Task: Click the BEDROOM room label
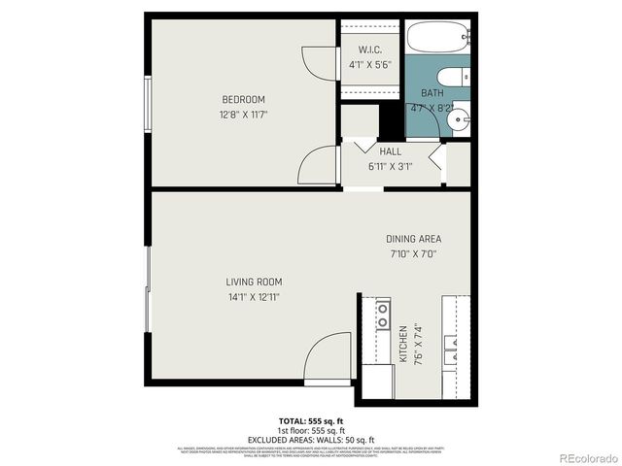[x=243, y=99]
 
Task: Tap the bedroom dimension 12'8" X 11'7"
[x=243, y=115]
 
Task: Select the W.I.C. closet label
[x=368, y=50]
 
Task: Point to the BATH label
[x=432, y=93]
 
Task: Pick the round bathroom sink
[x=461, y=123]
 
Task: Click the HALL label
[x=390, y=151]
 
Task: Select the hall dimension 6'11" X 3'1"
[x=390, y=166]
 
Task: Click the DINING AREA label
[x=414, y=239]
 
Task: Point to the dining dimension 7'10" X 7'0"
[x=413, y=254]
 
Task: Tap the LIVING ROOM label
[x=256, y=282]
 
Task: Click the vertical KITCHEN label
[x=402, y=345]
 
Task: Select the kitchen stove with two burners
[x=383, y=314]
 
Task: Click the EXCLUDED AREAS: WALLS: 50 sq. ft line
[x=310, y=440]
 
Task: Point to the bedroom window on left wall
[x=148, y=101]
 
